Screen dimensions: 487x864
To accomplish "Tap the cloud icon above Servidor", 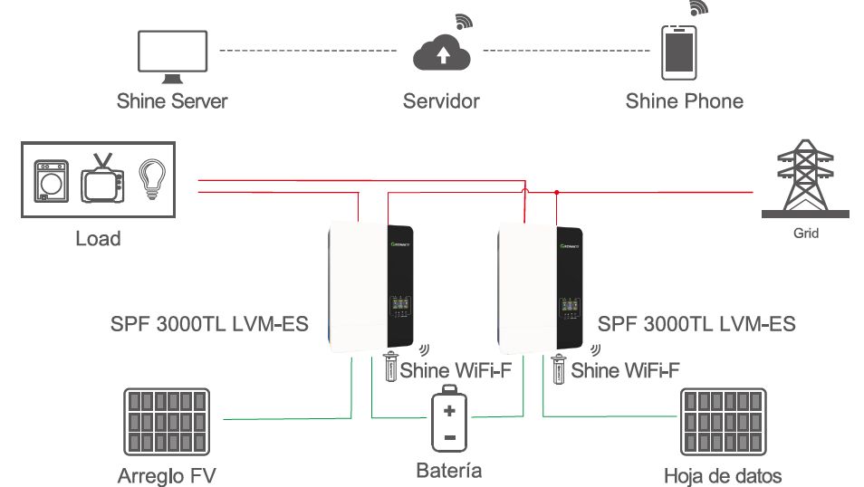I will (441, 54).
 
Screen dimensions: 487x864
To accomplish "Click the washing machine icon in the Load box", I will (49, 181).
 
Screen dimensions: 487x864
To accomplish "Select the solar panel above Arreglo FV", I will (168, 421).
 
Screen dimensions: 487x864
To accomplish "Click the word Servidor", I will (441, 100).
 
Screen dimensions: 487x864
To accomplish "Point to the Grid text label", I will (805, 234).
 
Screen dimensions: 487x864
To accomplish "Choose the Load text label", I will (98, 239).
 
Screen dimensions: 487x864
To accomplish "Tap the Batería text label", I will (448, 471).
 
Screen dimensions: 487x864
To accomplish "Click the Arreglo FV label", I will (168, 475).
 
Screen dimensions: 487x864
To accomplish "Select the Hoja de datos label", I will (723, 475).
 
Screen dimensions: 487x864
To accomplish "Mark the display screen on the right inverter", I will (569, 304).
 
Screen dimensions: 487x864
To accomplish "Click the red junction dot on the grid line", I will (556, 192).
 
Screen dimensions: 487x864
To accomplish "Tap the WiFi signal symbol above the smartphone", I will (697, 8).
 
